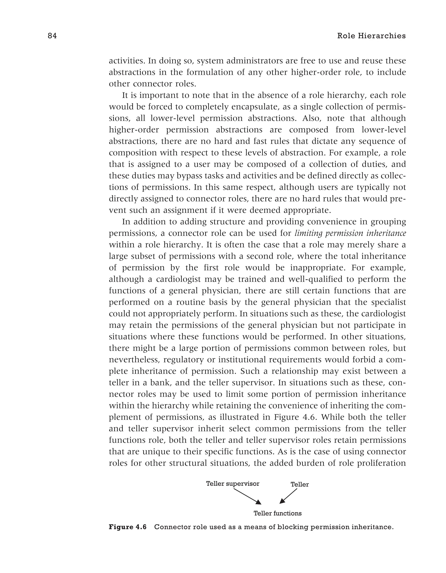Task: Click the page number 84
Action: tap(52, 36)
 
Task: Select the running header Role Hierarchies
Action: tap(371, 36)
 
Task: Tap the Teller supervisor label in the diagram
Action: tap(233, 484)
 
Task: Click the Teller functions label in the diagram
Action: tap(277, 513)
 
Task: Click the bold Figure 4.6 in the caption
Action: tap(128, 527)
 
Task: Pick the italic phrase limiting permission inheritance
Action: tap(350, 233)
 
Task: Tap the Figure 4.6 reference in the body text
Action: tap(294, 417)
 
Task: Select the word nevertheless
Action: tap(134, 360)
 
